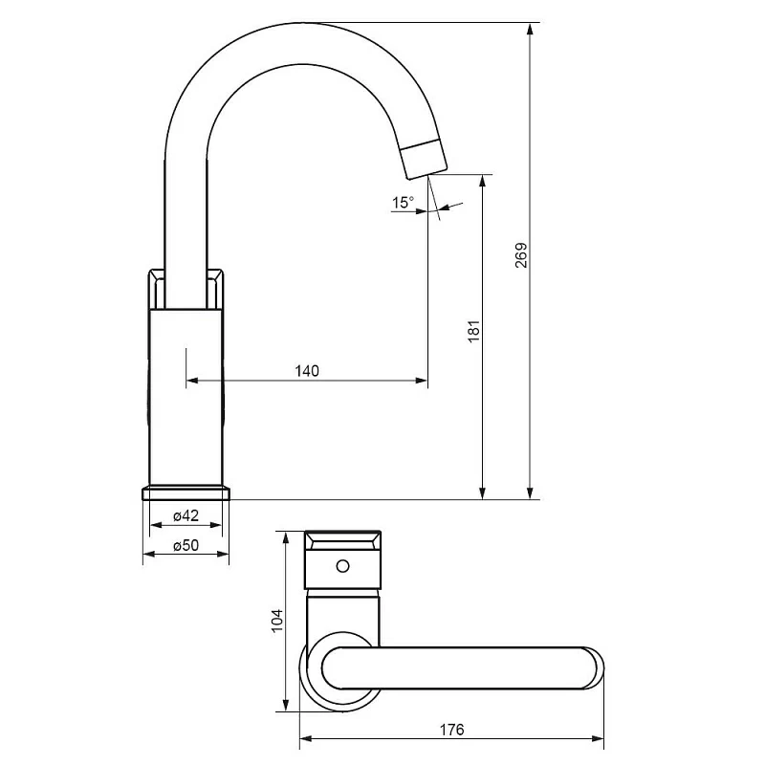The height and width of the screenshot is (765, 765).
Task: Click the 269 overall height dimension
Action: tap(521, 254)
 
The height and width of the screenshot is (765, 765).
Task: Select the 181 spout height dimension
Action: tap(473, 331)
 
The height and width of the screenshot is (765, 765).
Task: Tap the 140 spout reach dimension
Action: tap(307, 371)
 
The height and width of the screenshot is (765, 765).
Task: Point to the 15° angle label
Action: tap(403, 202)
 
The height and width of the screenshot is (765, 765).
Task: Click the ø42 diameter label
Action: tap(186, 515)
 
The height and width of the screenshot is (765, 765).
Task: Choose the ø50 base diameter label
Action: tap(186, 544)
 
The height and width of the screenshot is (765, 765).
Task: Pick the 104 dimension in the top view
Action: tap(276, 620)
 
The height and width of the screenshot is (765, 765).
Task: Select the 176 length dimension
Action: tap(451, 730)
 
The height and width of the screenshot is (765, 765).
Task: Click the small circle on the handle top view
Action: tap(343, 566)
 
